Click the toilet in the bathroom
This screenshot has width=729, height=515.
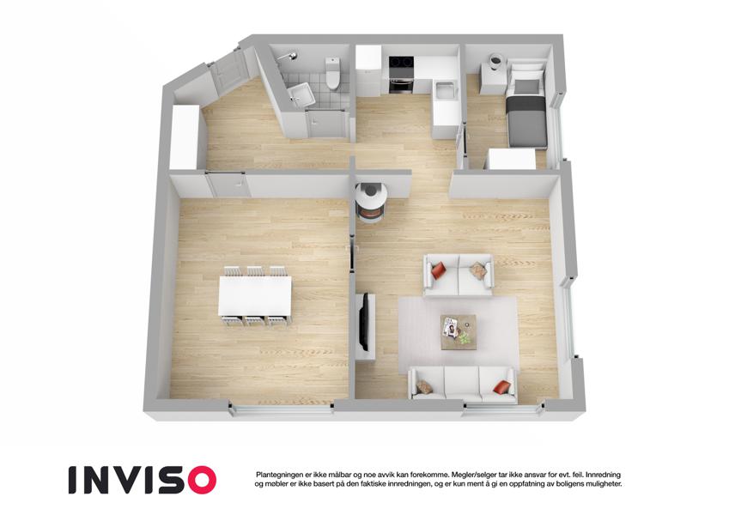(x=332, y=73)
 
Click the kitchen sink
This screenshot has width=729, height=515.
(x=445, y=89)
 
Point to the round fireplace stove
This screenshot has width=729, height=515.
(x=371, y=203)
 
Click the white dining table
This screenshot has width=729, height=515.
(x=255, y=295)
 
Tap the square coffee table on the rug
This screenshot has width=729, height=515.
(x=459, y=331)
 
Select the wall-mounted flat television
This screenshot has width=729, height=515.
(x=366, y=321)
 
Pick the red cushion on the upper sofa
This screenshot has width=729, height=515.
(x=439, y=270)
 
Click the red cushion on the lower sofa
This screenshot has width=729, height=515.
(x=501, y=387)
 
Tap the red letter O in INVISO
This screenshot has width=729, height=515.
(x=199, y=480)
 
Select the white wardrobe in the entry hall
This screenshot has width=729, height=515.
(x=185, y=137)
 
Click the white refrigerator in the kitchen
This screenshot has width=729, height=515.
(x=368, y=70)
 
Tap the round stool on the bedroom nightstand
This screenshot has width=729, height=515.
(x=495, y=60)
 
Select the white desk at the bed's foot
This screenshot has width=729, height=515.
(x=511, y=159)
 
